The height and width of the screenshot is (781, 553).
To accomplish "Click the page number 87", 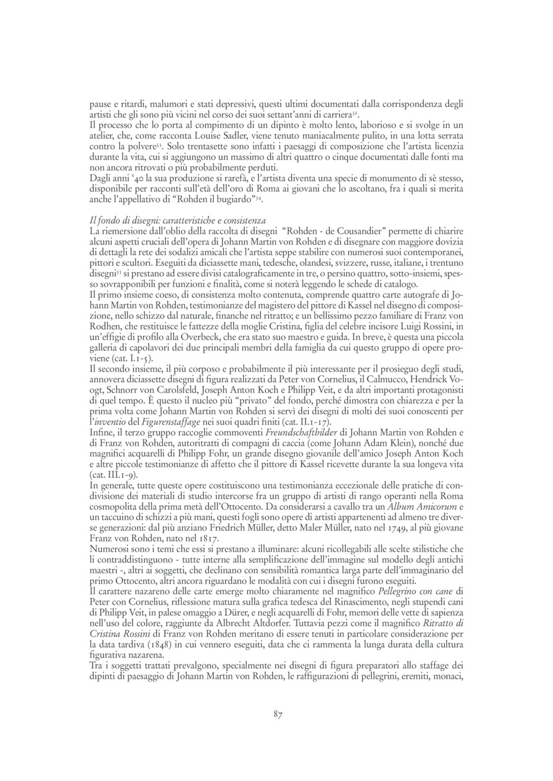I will click(x=278, y=715).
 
